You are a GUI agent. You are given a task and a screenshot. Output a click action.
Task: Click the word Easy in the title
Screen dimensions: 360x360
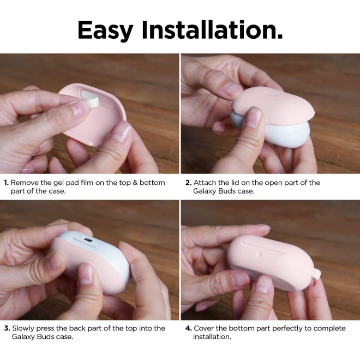click(x=105, y=31)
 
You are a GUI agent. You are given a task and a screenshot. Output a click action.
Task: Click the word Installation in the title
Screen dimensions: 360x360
click(x=212, y=30)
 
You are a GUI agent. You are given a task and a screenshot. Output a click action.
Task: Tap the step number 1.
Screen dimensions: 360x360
click(x=6, y=183)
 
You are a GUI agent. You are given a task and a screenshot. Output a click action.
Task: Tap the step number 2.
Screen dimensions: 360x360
click(x=188, y=183)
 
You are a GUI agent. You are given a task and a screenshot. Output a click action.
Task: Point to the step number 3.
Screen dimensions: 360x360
click(x=7, y=328)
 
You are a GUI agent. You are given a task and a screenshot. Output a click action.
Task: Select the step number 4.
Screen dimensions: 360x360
click(x=189, y=328)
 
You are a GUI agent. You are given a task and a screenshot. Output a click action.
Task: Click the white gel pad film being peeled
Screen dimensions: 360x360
click(x=90, y=99)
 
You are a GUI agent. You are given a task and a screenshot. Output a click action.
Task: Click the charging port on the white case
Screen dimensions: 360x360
click(x=88, y=240)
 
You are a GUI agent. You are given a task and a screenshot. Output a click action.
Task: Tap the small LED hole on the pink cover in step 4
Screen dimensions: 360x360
click(x=260, y=254)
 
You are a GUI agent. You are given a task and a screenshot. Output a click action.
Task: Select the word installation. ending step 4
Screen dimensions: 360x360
click(x=212, y=337)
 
